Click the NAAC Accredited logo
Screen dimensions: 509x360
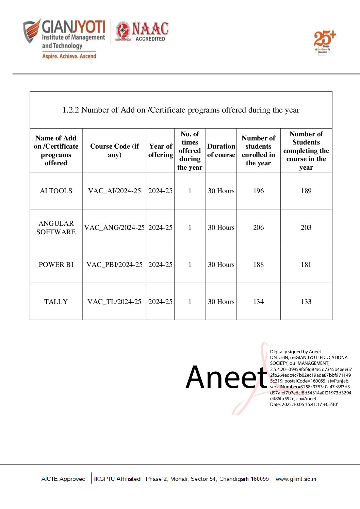(142, 32)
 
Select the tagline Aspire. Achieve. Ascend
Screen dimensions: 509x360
(69, 56)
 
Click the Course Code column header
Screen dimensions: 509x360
(114, 150)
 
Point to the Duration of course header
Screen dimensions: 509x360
(221, 150)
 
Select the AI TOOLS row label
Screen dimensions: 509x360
(56, 191)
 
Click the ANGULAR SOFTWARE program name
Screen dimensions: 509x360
(56, 227)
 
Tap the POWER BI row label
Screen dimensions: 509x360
(56, 265)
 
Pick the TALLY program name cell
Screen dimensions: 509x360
(56, 302)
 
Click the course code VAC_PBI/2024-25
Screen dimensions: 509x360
(114, 265)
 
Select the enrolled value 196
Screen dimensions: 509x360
(258, 191)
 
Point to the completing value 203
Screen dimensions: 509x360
(306, 227)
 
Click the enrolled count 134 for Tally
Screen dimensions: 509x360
(258, 302)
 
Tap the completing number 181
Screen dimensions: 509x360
(306, 265)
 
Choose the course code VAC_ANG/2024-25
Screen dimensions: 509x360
(114, 227)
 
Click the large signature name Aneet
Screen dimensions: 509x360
(226, 377)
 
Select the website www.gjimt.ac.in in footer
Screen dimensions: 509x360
(296, 479)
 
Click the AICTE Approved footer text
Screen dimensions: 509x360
(63, 479)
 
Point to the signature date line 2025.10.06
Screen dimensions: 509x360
(304, 404)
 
